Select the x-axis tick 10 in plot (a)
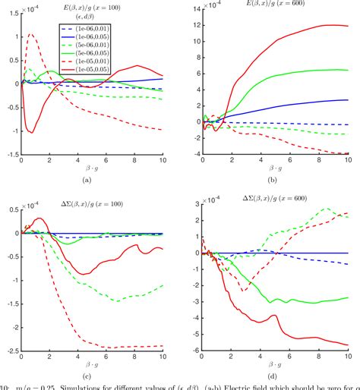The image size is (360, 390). coord(163,160)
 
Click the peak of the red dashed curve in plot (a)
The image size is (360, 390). coord(30,34)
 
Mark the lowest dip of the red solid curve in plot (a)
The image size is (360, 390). coord(31,132)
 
